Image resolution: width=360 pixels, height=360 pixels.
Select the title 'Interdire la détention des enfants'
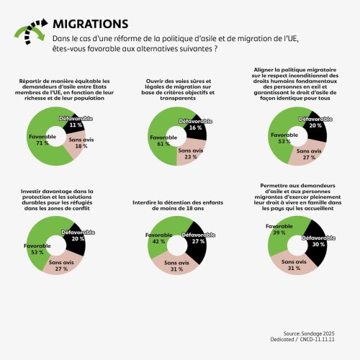tap(177, 204)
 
